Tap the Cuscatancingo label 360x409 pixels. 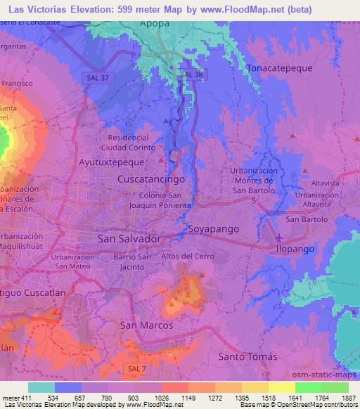point(150,179)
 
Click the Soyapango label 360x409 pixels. point(214,229)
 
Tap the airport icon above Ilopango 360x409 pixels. point(281,237)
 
